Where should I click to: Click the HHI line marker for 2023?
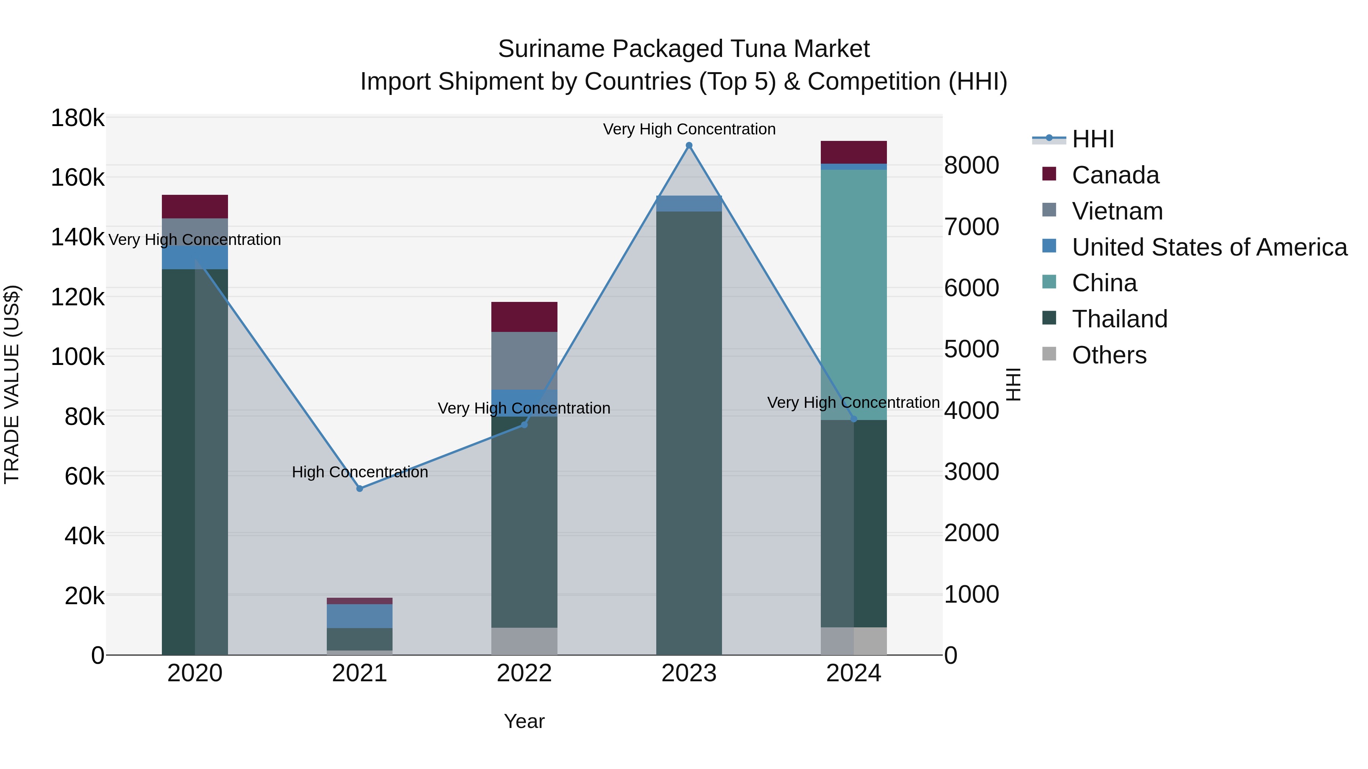click(689, 145)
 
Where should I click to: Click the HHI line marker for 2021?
click(359, 488)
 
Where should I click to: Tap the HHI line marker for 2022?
click(524, 425)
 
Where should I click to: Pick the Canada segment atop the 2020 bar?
click(195, 207)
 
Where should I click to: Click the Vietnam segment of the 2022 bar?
click(524, 361)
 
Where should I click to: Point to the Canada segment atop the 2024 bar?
click(853, 152)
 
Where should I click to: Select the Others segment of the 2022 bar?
click(524, 641)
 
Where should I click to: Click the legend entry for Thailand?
click(1119, 319)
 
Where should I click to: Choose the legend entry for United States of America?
click(1209, 247)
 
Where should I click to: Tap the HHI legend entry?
click(1092, 139)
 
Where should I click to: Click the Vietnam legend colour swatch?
click(1049, 210)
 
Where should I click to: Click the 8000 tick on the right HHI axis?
click(971, 165)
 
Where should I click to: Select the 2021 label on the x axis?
click(359, 673)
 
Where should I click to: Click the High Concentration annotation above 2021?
click(359, 472)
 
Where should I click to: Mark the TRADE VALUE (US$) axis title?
click(12, 384)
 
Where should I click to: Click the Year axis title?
click(524, 721)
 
